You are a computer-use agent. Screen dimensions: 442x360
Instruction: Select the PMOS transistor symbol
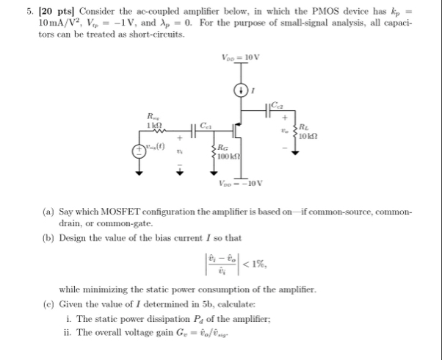point(236,132)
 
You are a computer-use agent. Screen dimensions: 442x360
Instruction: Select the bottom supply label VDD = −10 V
point(239,184)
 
